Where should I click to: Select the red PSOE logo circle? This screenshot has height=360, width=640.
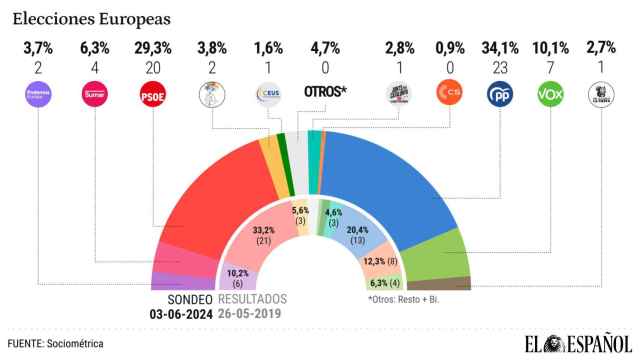pos(152,96)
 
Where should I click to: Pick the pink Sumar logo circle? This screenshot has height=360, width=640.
pos(96,96)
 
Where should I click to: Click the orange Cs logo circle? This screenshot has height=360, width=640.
pos(451,96)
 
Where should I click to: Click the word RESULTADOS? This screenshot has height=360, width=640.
pos(252,299)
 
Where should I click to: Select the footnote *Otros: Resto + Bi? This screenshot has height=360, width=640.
pos(405,299)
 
